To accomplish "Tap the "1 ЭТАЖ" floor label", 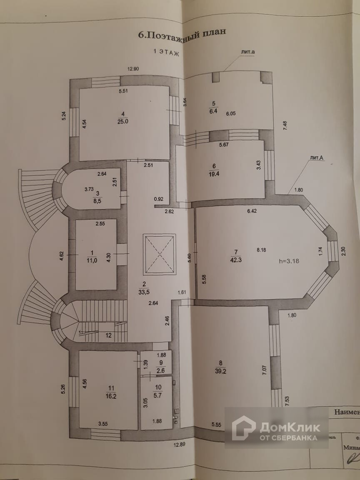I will pos(166,52).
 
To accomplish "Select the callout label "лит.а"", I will pos(247,52).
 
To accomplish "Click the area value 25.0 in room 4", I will pos(122,121).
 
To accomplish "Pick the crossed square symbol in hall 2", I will pos(159,254).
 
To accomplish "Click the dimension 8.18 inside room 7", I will pos(261,250).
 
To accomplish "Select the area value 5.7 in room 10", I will pos(157,395).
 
